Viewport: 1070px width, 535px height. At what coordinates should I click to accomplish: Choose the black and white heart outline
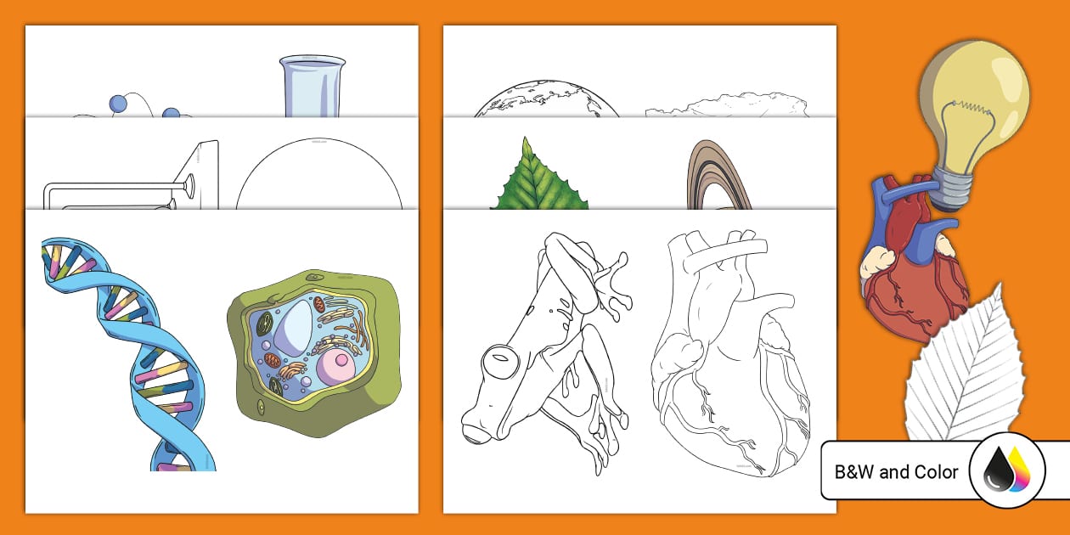730,357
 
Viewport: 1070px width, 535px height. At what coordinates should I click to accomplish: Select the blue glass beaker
312,85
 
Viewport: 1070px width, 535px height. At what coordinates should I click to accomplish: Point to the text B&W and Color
897,472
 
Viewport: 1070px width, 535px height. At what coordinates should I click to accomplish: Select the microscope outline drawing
136,183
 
